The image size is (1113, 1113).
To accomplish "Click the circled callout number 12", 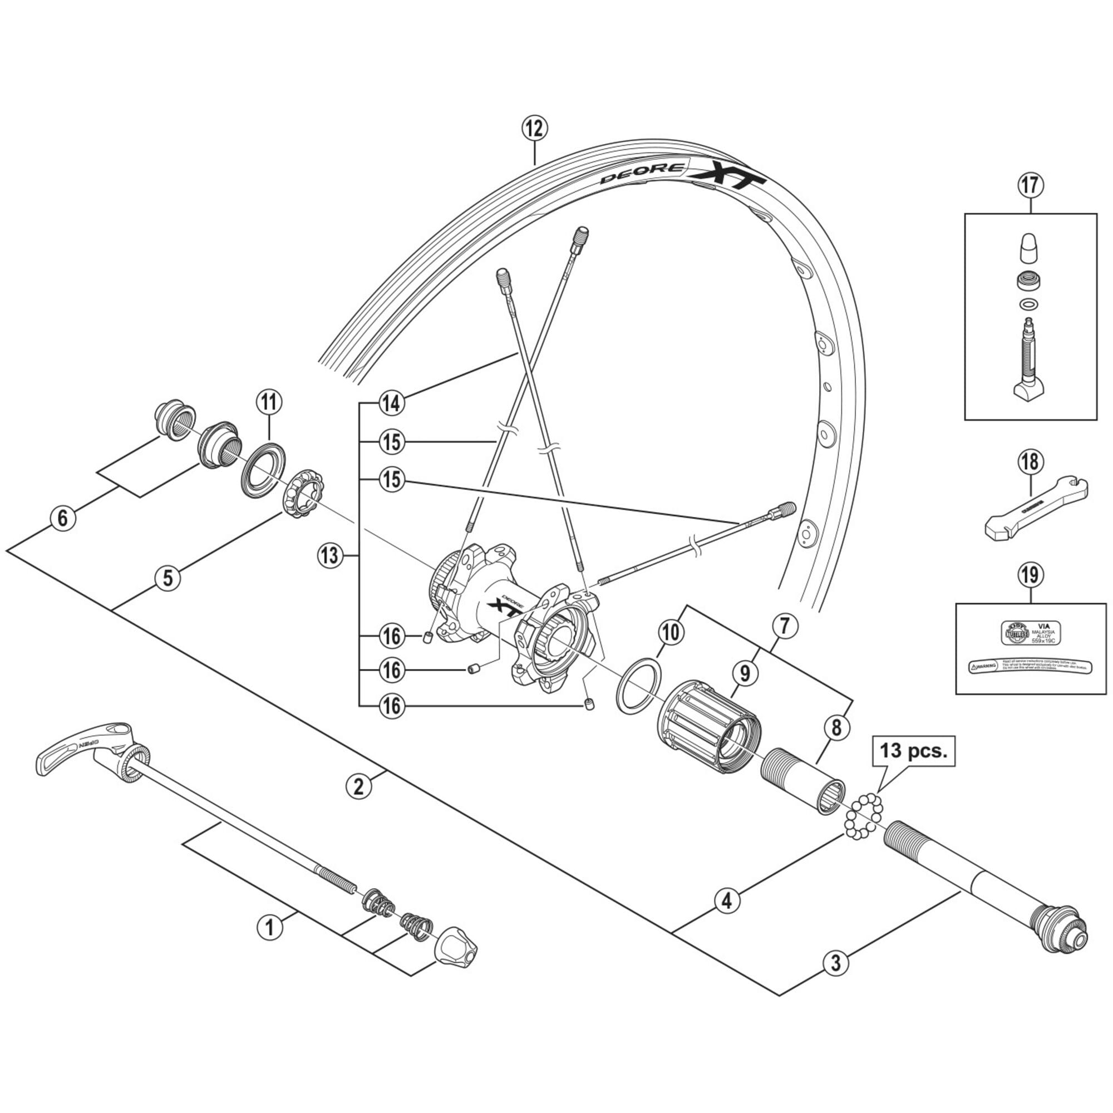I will pos(535,129).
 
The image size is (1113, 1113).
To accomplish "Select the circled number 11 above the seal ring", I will pos(269,403).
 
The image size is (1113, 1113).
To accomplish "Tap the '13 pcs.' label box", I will pos(914,752).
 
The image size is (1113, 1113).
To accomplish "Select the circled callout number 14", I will pos(392,403).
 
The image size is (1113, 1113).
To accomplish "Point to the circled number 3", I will pos(835,962).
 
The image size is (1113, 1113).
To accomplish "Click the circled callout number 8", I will pos(836,727).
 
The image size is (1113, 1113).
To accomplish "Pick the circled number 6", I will pos(63,519).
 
